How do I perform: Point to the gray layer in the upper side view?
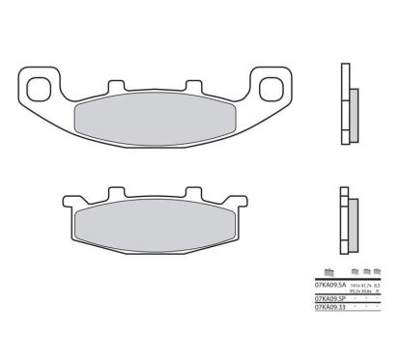[x=351, y=101]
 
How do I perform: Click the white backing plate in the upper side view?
[x=343, y=97]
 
